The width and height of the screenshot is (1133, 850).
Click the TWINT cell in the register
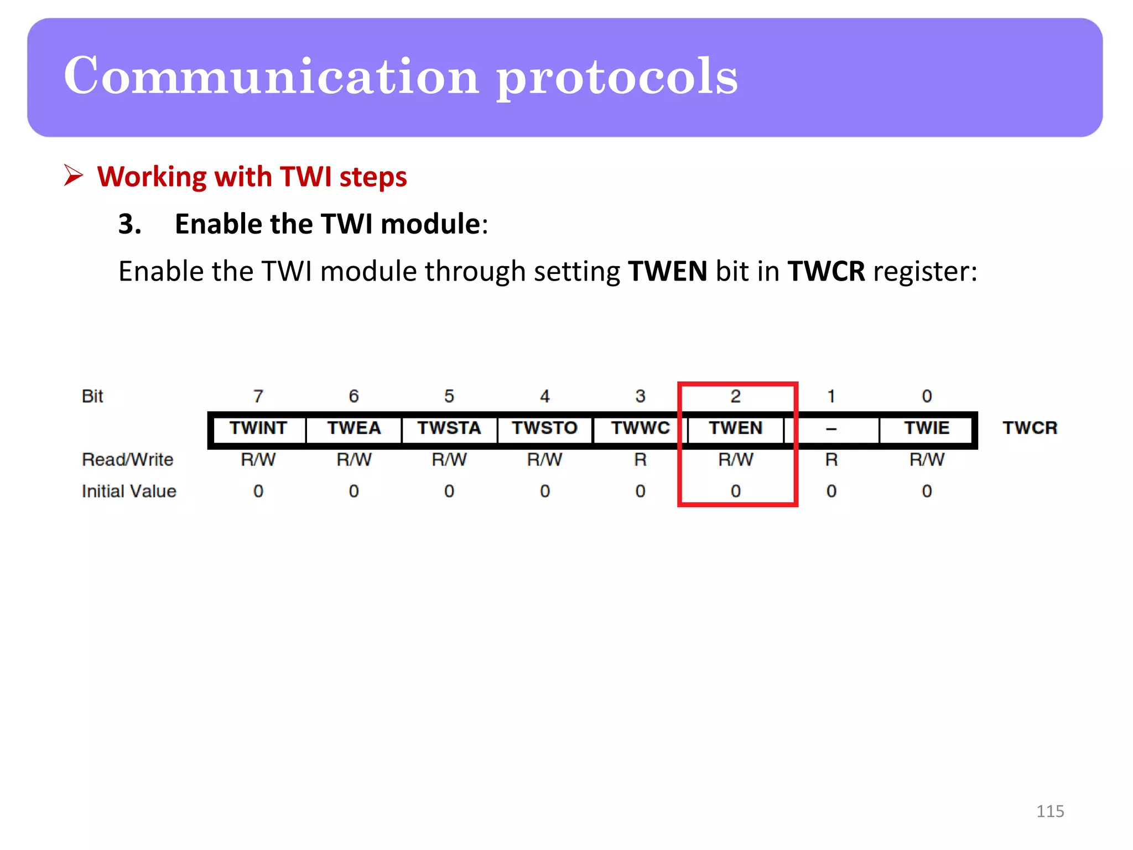[x=258, y=428]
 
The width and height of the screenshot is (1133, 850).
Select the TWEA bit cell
[x=354, y=428]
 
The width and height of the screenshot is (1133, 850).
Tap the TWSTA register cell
[x=449, y=428]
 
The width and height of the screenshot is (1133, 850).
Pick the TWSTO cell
[x=545, y=428]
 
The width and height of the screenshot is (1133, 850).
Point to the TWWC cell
[x=641, y=428]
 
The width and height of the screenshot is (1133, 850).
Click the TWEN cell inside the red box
[x=736, y=428]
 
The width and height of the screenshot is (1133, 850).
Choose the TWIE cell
[x=927, y=428]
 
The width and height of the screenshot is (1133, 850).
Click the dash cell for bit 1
[x=831, y=429]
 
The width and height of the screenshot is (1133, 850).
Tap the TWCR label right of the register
[x=1030, y=428]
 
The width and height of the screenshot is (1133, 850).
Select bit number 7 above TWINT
[x=258, y=396]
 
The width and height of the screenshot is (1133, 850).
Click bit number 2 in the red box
[x=736, y=396]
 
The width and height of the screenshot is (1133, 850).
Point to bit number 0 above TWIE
[x=927, y=396]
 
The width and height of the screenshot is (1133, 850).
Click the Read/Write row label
[x=127, y=459]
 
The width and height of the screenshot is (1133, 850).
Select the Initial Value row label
[x=129, y=491]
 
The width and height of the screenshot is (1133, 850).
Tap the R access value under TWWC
[x=641, y=459]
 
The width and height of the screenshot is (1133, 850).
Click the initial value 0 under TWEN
[x=736, y=491]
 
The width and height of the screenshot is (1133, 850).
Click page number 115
[x=1050, y=811]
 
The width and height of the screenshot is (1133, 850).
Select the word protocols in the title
[x=617, y=77]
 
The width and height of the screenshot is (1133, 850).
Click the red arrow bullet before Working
[x=73, y=175]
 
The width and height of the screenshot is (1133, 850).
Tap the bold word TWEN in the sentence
[x=668, y=271]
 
